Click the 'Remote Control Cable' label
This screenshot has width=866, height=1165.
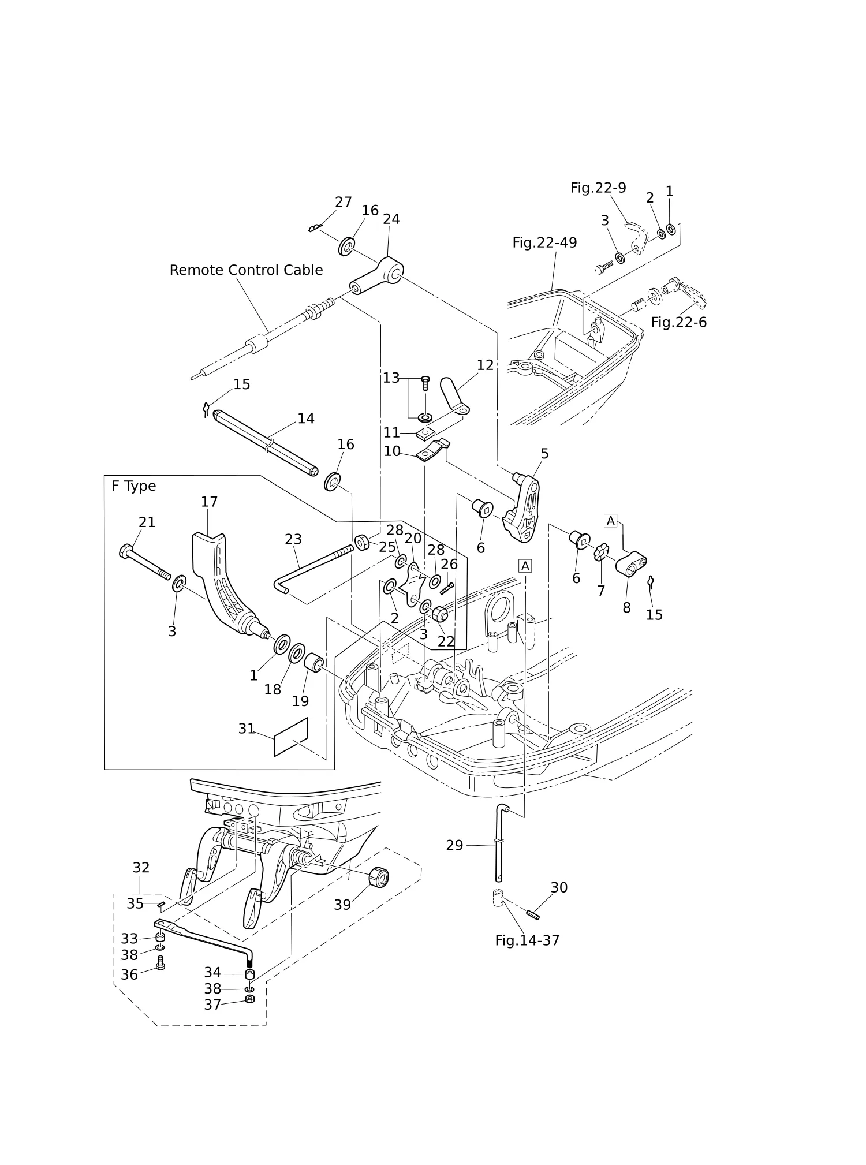[x=246, y=270]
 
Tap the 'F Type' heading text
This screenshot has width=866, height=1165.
[x=134, y=486]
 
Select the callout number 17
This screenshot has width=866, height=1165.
[x=209, y=502]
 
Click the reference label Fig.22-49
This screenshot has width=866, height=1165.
[x=544, y=243]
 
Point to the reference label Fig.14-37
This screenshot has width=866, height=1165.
[x=527, y=940]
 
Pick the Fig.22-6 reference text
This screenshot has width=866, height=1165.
[x=679, y=322]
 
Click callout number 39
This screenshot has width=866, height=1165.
[x=342, y=905]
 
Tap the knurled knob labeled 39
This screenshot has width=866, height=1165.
[x=379, y=876]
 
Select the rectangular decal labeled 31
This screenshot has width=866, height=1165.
[x=291, y=737]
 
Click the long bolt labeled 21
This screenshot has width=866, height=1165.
[x=144, y=561]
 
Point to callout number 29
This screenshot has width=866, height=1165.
[x=455, y=845]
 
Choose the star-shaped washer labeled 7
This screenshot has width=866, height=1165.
[x=602, y=552]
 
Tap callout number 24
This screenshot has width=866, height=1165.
[x=391, y=219]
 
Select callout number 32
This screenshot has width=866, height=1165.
[x=141, y=868]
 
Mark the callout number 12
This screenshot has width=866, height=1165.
[x=486, y=365]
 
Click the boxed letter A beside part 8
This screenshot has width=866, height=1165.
[x=611, y=521]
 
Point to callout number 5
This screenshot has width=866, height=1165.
[x=544, y=454]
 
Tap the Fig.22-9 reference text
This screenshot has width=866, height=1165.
[x=598, y=188]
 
